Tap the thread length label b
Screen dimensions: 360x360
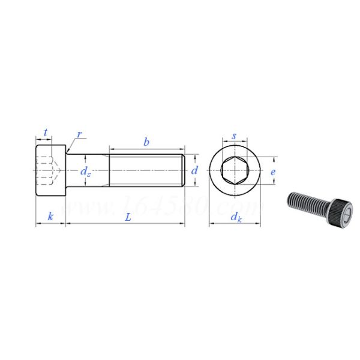click(146, 142)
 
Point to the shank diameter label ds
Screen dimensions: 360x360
click(86, 171)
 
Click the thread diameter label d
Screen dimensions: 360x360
click(194, 170)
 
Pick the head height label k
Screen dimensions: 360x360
click(50, 217)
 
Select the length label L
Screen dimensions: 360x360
click(128, 217)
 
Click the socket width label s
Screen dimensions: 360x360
click(234, 137)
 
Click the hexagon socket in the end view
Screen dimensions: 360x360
click(234, 170)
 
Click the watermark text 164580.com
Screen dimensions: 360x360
click(162, 208)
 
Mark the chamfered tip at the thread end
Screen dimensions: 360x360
click(183, 170)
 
